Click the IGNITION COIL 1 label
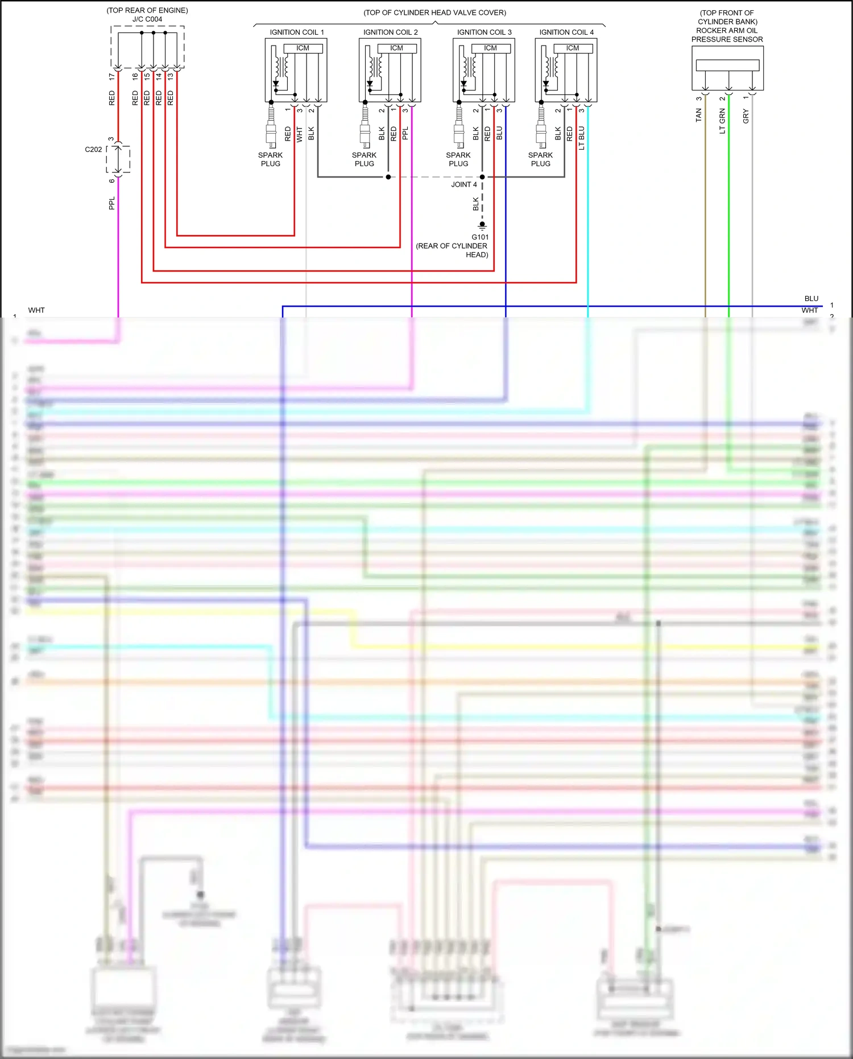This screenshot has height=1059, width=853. click(297, 32)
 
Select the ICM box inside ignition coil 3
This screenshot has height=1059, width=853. click(491, 48)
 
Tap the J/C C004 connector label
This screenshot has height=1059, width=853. click(147, 19)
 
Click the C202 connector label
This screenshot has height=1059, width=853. click(93, 150)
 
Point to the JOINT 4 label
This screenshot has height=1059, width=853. click(464, 184)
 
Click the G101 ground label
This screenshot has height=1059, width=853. click(480, 237)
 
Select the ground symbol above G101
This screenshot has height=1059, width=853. click(482, 225)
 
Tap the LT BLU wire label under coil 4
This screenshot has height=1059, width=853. click(581, 138)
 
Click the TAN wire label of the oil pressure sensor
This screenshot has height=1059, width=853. click(699, 116)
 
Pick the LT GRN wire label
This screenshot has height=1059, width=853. click(722, 121)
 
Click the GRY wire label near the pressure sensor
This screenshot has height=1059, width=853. click(746, 117)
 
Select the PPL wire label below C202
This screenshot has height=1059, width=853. click(112, 203)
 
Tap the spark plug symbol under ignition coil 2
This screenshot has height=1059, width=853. click(365, 131)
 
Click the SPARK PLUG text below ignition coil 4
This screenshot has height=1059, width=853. click(540, 159)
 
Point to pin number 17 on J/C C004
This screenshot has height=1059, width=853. click(112, 76)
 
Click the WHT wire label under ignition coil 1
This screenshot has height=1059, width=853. click(299, 134)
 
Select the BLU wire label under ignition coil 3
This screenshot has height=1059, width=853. click(499, 134)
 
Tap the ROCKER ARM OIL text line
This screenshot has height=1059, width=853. click(727, 31)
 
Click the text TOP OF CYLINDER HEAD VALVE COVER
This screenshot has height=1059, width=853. click(435, 13)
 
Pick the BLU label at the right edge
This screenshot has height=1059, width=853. click(811, 299)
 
